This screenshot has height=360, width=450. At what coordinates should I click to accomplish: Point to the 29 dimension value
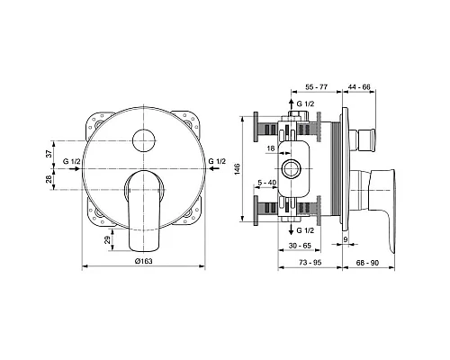(108, 237)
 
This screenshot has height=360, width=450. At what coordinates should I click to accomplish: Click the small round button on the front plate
(143, 138)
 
